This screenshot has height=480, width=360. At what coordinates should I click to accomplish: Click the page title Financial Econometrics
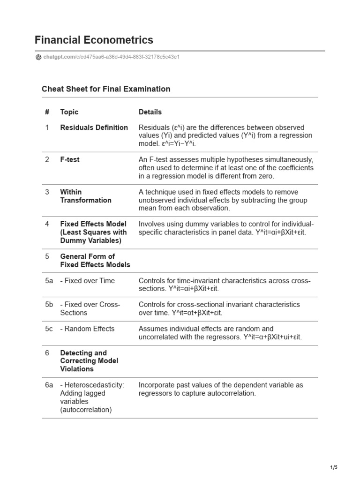pos(94,40)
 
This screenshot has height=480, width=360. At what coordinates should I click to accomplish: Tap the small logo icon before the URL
pos(38,57)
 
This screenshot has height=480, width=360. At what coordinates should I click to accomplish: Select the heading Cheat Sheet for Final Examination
pos(106,89)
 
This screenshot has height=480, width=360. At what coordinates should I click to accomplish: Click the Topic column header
pos(69,112)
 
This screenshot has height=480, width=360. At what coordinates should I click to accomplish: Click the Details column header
pos(150,112)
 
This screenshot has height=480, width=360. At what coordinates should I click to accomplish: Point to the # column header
pos(47,112)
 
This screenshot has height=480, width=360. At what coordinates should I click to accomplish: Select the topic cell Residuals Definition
pos(94,127)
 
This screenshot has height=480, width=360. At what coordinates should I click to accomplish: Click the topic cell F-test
pos(70,159)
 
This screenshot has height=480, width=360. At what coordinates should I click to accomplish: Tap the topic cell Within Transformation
pos(86,196)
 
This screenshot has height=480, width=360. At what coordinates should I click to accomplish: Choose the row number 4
pos(47,224)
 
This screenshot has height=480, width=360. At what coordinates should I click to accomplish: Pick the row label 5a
pos(49,281)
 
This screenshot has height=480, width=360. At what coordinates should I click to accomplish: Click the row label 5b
pos(49,304)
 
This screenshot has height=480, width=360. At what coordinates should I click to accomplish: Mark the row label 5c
pos(49,329)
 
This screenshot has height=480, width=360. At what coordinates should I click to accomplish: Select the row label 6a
pos(49,385)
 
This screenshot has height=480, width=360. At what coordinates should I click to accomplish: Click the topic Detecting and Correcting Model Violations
pos(89,361)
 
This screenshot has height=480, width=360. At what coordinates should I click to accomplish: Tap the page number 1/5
pos(334,467)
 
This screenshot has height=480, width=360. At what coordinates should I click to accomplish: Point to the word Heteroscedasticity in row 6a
pos(94,385)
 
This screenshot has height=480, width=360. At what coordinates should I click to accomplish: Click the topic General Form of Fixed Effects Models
pos(95,261)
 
